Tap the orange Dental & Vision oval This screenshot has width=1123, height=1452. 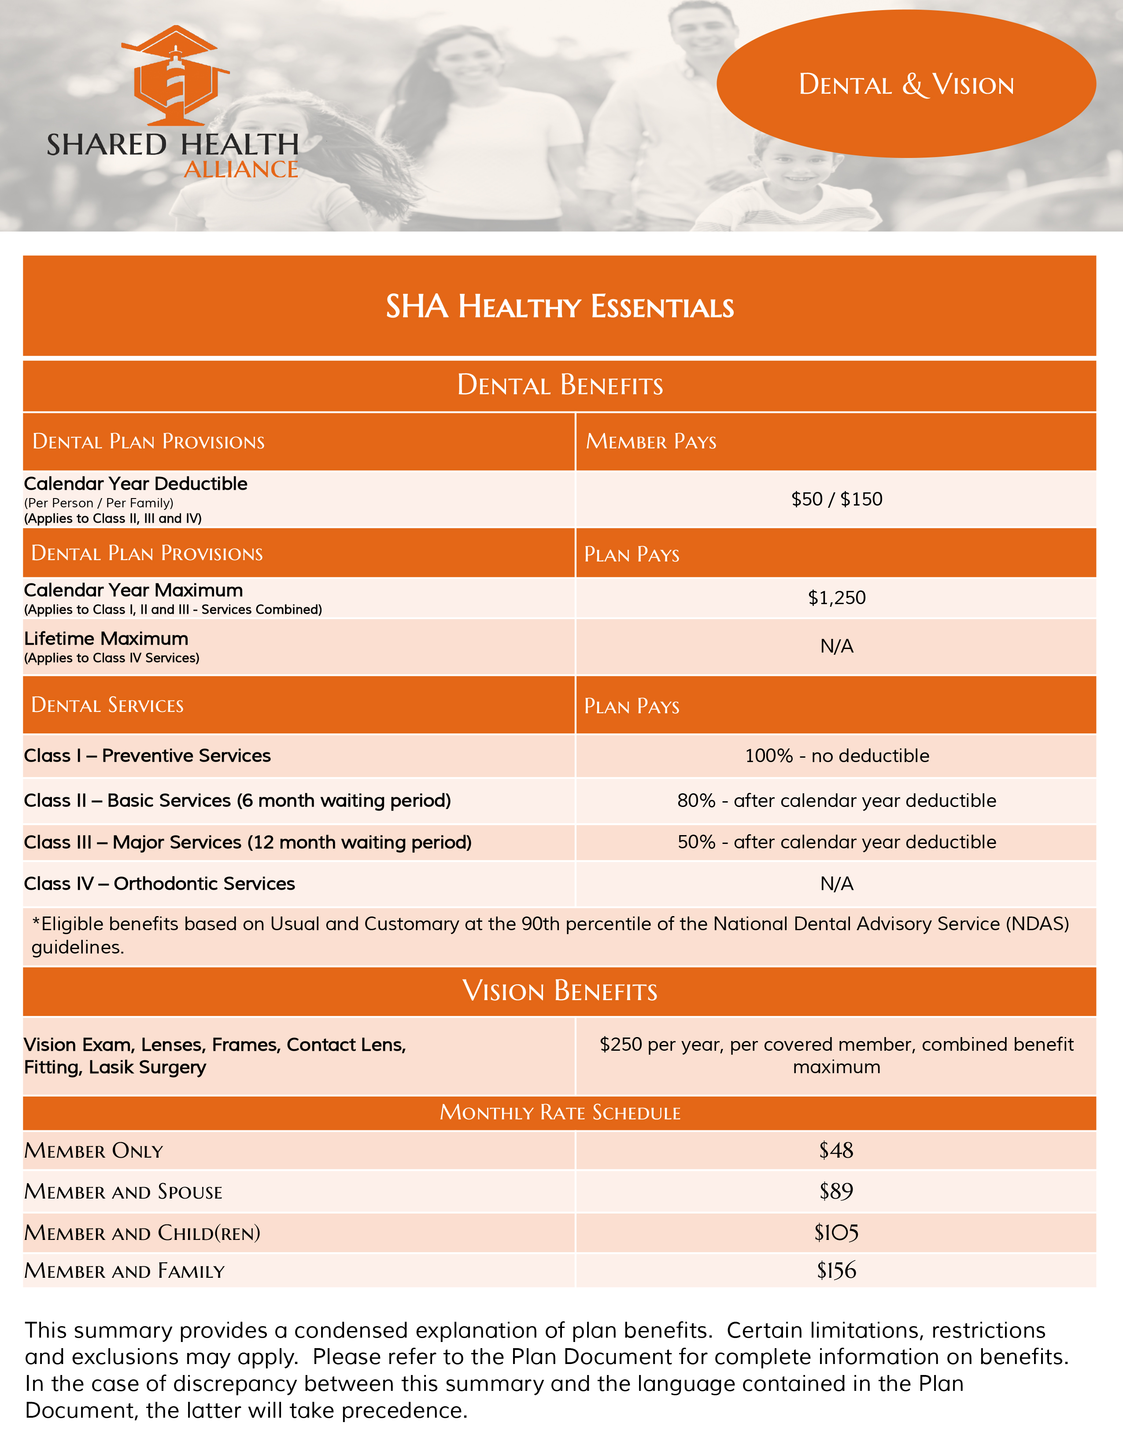906,84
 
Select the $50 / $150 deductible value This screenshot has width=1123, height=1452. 836,499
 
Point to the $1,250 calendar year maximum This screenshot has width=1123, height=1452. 836,598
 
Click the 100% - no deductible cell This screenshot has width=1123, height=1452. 836,756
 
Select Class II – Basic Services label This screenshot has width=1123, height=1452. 237,800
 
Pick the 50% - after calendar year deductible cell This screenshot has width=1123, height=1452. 836,842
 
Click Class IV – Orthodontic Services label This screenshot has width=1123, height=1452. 160,884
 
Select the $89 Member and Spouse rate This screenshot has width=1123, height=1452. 836,1192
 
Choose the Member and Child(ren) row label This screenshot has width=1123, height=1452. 142,1233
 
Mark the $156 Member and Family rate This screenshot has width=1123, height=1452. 836,1271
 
